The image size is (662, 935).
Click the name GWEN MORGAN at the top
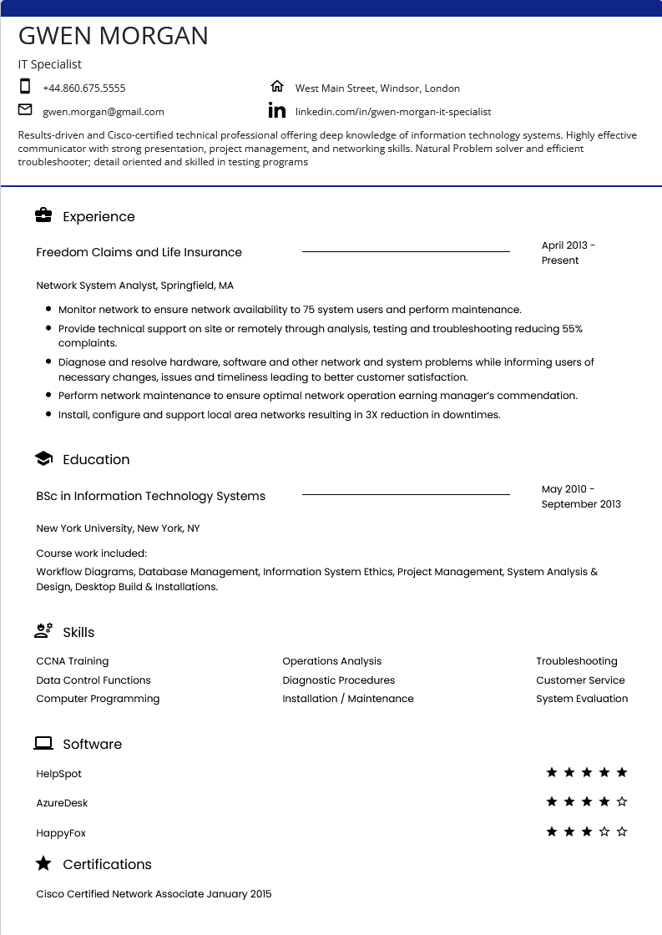(114, 36)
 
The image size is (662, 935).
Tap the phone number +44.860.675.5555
(83, 88)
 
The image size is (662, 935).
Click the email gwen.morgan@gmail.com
(104, 111)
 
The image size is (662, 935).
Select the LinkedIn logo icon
(277, 110)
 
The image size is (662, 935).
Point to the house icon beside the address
(277, 86)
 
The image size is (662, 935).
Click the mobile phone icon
(25, 86)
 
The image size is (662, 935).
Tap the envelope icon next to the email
(25, 109)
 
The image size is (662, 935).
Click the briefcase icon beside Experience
(43, 215)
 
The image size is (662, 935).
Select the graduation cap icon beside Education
(43, 458)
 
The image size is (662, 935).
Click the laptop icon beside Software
(43, 743)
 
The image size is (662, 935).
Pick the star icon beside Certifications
(43, 863)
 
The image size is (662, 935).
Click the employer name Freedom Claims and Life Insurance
(139, 252)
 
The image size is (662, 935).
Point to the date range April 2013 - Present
(568, 252)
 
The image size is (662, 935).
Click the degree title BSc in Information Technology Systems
(150, 496)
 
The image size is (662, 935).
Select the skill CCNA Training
(72, 661)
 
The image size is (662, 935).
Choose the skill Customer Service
(580, 680)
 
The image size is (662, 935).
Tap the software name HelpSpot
(58, 774)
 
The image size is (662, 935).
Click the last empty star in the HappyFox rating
(622, 831)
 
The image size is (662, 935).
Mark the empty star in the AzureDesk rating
(622, 801)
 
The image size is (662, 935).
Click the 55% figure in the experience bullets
(572, 329)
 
